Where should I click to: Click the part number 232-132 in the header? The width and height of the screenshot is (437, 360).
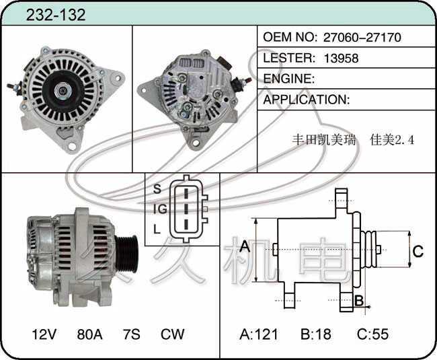(x=55, y=15)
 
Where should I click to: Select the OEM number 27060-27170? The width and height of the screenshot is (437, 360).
(x=362, y=38)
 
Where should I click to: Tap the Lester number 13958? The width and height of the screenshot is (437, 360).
(x=341, y=59)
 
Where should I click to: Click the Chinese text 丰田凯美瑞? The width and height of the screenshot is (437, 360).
(x=324, y=140)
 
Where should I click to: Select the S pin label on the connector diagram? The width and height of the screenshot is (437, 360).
(x=157, y=189)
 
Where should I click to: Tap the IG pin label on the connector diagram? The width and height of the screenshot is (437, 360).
(x=160, y=209)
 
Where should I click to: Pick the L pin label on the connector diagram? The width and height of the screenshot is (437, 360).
(x=157, y=229)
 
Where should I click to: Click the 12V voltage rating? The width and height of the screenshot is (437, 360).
(x=44, y=334)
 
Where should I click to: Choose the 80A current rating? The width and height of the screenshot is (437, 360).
(x=89, y=334)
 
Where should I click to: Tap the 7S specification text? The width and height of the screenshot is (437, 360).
(x=132, y=334)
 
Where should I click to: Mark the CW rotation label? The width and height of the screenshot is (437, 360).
(x=173, y=334)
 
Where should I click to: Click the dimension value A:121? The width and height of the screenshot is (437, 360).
(x=259, y=334)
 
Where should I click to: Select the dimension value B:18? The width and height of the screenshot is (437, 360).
(x=316, y=334)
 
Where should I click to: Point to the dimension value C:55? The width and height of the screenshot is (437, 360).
(x=372, y=334)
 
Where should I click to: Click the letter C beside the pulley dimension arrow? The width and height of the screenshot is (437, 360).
(x=418, y=251)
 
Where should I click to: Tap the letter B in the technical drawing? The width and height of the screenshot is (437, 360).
(x=359, y=301)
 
